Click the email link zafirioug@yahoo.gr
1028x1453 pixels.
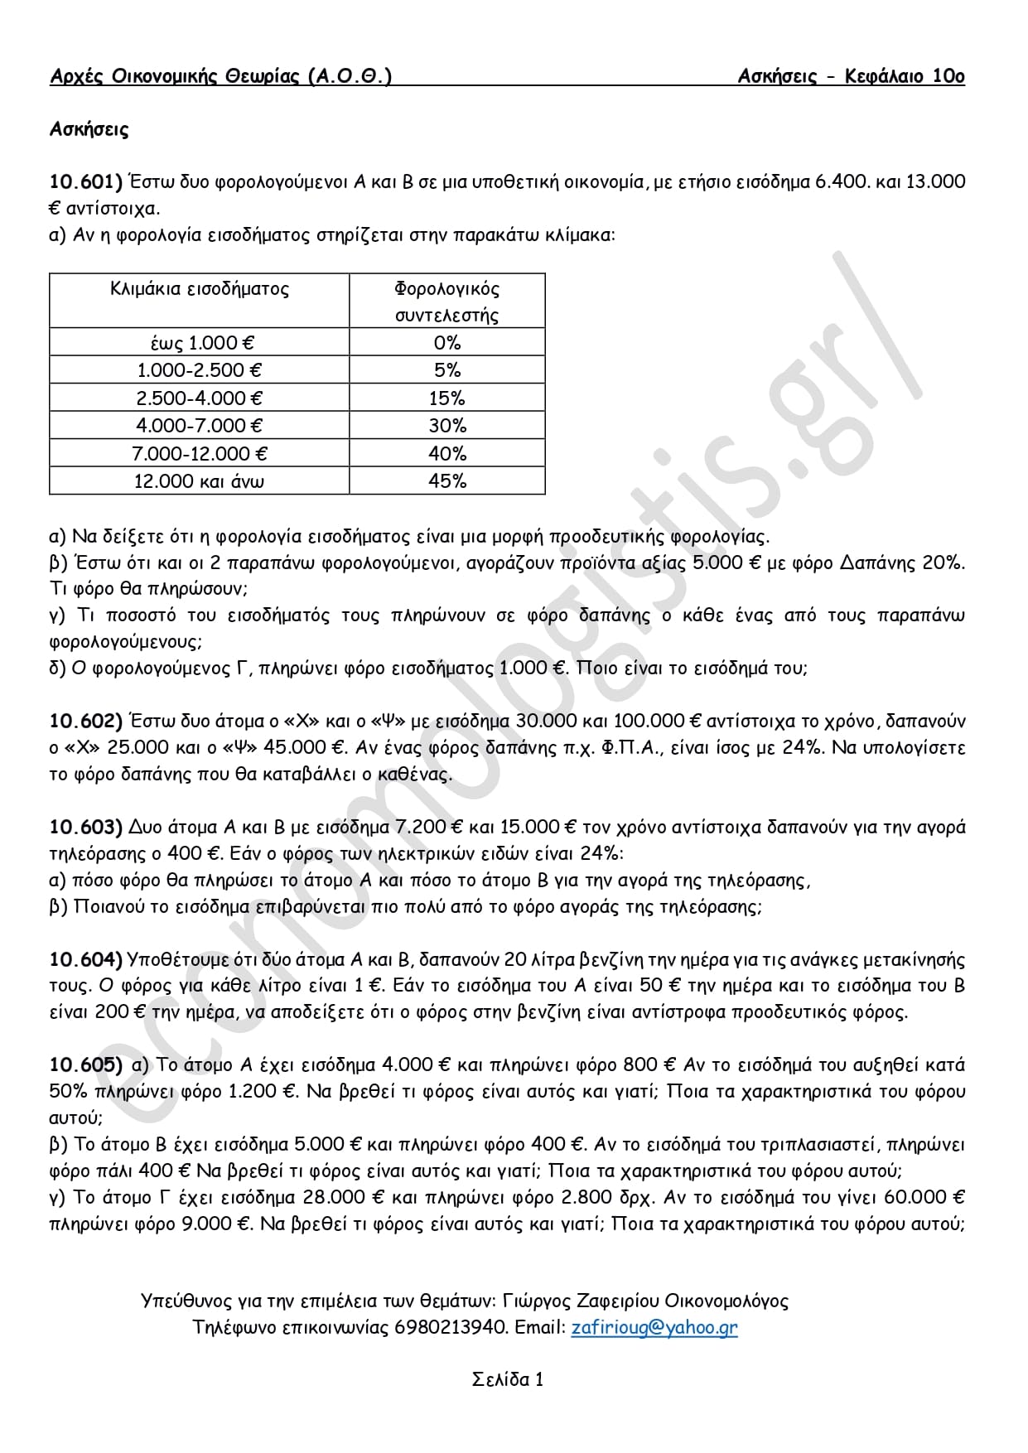coord(654,1327)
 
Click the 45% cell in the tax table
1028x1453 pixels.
coord(447,480)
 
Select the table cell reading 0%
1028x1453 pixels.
coord(447,342)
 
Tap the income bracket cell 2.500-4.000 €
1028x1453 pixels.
coord(200,398)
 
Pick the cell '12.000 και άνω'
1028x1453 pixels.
coord(200,480)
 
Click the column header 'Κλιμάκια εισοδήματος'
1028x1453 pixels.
coord(200,289)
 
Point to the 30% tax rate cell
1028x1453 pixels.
coord(447,426)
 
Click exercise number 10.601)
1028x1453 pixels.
coord(86,181)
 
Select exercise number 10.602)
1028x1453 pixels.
coord(86,722)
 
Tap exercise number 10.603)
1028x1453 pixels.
coord(86,827)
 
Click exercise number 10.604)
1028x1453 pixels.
coord(86,959)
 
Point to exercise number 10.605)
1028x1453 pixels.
coord(86,1064)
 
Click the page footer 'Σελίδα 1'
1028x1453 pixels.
coord(508,1379)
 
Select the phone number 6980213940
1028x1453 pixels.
coord(451,1327)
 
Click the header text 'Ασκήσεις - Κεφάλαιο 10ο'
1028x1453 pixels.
coord(852,77)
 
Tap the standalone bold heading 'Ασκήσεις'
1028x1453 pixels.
coord(89,129)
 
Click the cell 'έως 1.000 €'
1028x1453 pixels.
coord(200,342)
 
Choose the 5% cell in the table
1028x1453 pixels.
coord(447,370)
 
